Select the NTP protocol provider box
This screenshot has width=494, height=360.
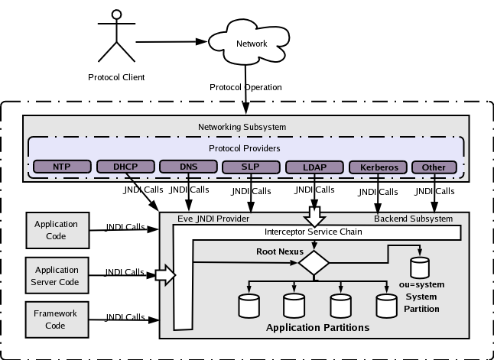pos(61,167)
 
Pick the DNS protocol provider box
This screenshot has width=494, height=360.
pos(187,167)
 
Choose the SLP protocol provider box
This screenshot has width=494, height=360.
pos(249,167)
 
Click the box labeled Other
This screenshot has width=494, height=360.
pos(434,167)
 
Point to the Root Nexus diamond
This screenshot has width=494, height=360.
pos(314,261)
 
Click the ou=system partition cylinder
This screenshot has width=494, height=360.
pos(420,268)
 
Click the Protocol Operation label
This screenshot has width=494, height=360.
pos(245,87)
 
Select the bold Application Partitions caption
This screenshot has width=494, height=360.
pos(317,328)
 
